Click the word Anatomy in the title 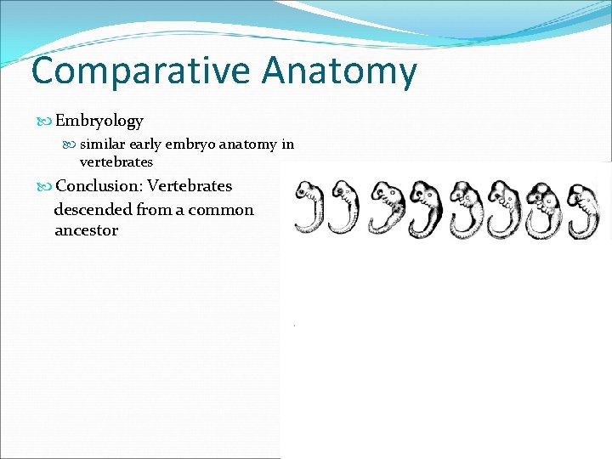[x=340, y=71]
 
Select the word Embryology [x=99, y=122]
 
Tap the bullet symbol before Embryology [x=47, y=122]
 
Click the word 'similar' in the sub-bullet [x=103, y=144]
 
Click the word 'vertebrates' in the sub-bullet [x=116, y=161]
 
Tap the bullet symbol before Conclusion [x=47, y=186]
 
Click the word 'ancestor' [x=86, y=230]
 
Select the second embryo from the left [x=344, y=208]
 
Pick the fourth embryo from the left [x=425, y=208]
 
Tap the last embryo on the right [x=582, y=208]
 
